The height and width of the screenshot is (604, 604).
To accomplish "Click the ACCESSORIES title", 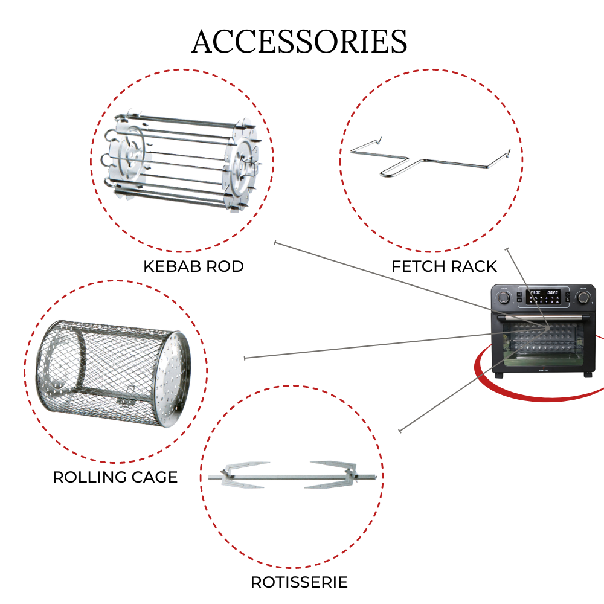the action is (300, 41).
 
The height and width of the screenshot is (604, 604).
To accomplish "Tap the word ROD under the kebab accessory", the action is (226, 266).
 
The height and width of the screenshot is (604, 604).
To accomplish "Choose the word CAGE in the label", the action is (155, 477).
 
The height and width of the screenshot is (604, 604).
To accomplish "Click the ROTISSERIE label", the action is (300, 582).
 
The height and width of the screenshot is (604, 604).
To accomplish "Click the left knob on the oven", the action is (504, 297).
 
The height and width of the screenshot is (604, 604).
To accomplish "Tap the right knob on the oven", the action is (583, 297).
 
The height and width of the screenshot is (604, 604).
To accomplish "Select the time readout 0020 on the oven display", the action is (553, 293).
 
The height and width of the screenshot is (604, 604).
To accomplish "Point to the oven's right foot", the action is (588, 374).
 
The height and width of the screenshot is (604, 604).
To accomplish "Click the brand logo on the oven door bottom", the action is (543, 371).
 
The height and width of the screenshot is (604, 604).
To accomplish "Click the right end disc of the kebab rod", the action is (243, 170).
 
